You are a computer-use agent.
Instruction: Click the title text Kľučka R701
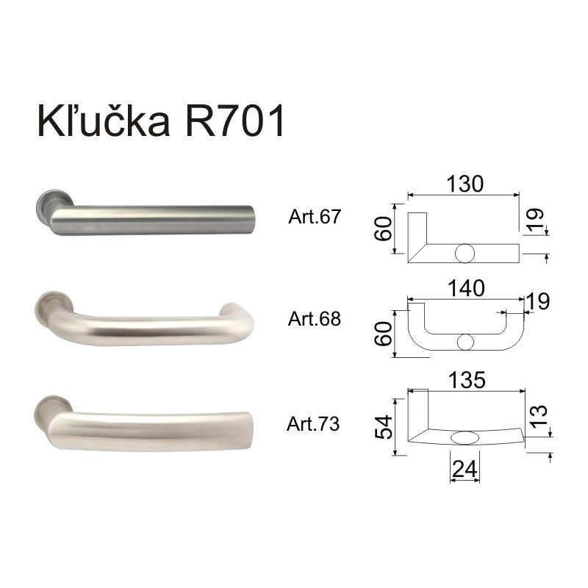pos(160,121)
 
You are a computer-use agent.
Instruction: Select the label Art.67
pos(315,216)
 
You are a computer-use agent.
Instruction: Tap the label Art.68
pos(315,319)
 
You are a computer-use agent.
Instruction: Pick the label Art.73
pos(313,424)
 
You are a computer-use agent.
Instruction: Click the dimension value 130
pos(465,184)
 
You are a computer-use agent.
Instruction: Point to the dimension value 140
pos(466,288)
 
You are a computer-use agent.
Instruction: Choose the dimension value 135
pos(467,380)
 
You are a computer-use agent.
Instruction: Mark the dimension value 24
pos(465,468)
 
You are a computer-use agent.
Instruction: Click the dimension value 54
pos(384,427)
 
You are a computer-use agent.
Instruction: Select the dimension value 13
pos(539,416)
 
